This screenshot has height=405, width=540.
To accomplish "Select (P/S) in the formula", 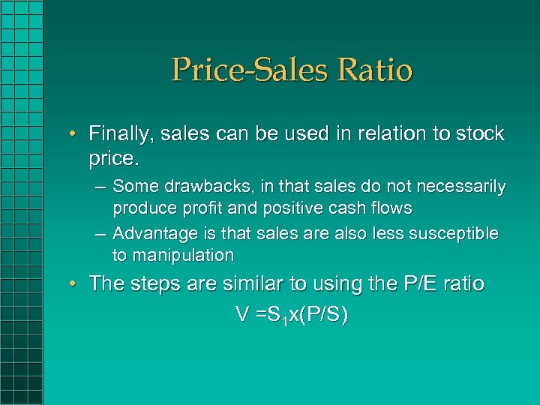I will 323,316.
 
